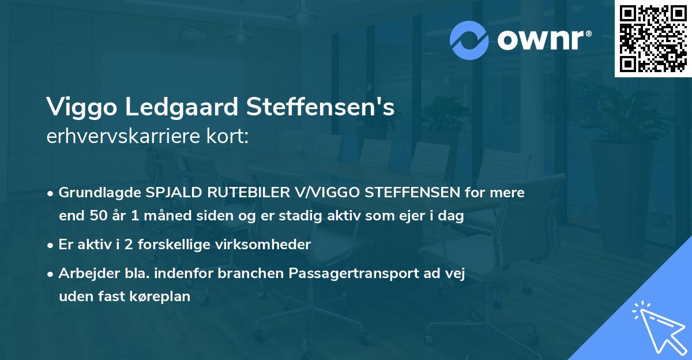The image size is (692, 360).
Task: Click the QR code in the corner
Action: coord(653,38)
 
